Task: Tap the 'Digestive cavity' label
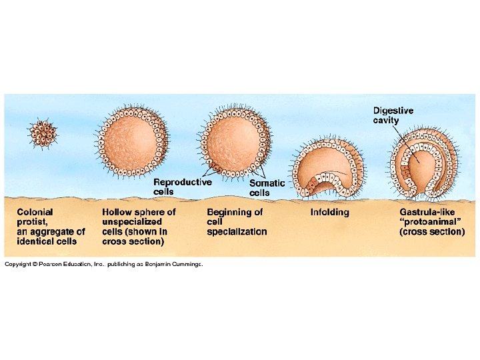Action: (393, 115)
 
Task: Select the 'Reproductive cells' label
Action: (182, 186)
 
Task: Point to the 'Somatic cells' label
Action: (267, 188)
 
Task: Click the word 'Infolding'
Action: (329, 212)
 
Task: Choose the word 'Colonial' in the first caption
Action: (35, 212)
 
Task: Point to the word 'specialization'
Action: (237, 232)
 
